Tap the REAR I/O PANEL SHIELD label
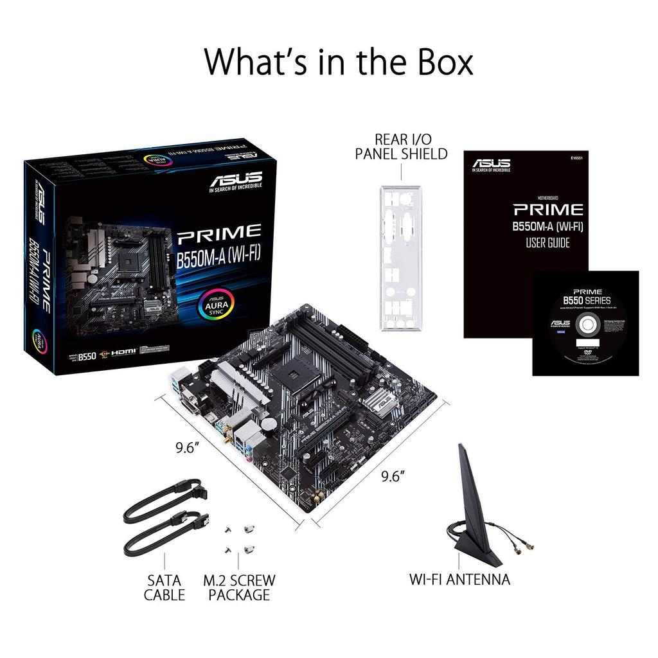coord(401,147)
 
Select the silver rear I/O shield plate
coord(400,257)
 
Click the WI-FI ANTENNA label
coord(459,579)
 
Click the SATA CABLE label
coord(164,587)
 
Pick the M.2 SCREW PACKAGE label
coord(239,587)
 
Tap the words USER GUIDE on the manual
coord(547,243)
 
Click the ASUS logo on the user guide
coord(492,164)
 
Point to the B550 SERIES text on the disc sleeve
coord(587,300)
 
